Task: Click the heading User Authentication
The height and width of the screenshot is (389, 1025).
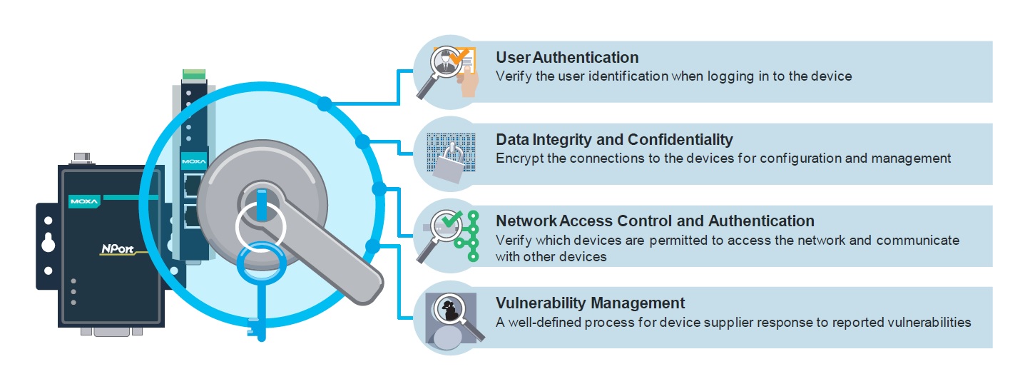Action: [x=567, y=57]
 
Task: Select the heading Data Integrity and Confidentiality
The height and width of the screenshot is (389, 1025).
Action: [x=614, y=139]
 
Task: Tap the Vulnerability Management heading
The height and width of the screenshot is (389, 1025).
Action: [x=590, y=303]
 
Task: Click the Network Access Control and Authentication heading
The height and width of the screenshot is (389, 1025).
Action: [x=655, y=221]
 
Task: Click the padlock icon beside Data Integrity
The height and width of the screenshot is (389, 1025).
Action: [x=449, y=161]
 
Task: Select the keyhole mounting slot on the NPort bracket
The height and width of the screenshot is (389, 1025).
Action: [x=47, y=242]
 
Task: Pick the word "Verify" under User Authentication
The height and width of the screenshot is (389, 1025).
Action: [x=513, y=76]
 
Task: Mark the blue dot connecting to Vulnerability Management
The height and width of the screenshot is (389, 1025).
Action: [x=371, y=247]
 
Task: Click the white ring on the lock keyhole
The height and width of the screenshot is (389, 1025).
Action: [x=260, y=228]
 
